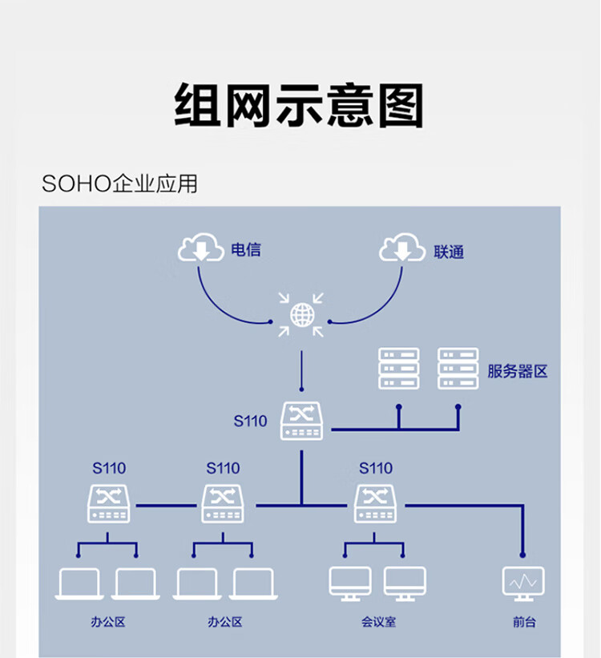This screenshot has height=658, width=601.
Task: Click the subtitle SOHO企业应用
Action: (x=119, y=184)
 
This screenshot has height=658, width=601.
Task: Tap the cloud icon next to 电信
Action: (x=201, y=248)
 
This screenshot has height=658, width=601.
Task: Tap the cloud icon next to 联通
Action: (x=402, y=248)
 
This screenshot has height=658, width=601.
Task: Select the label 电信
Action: (x=245, y=249)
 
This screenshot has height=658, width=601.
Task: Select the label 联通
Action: (x=449, y=252)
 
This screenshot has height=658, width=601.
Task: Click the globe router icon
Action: (x=301, y=314)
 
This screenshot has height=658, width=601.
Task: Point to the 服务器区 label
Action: (x=518, y=371)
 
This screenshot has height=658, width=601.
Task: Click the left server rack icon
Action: (x=398, y=368)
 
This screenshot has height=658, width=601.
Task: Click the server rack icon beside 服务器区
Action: (x=458, y=368)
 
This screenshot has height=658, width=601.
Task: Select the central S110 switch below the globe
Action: (x=301, y=422)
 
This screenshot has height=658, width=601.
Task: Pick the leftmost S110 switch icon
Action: (x=108, y=503)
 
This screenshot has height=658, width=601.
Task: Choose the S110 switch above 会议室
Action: (x=375, y=503)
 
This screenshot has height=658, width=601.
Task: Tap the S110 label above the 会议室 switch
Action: (x=375, y=468)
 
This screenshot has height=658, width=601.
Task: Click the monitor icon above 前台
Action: (x=523, y=583)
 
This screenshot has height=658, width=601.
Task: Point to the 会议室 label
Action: (x=378, y=622)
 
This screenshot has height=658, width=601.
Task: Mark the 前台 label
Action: (x=524, y=622)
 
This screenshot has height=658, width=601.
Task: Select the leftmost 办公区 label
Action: (x=108, y=622)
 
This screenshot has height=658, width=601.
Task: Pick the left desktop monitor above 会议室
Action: (x=350, y=583)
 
